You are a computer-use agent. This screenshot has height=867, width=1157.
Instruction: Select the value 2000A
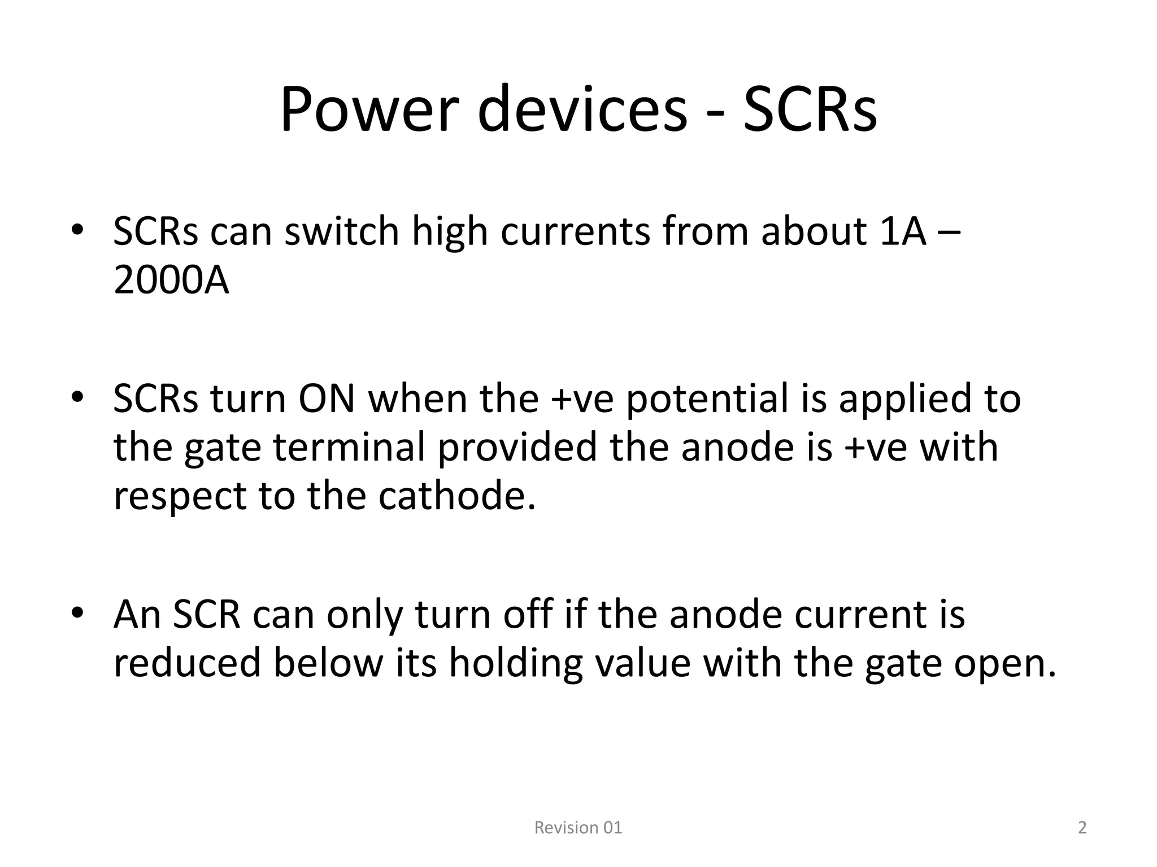point(171,281)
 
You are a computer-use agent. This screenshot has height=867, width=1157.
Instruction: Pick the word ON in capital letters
point(327,399)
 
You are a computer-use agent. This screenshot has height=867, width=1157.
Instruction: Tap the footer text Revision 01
point(578,827)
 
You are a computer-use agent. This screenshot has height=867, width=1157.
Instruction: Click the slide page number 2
point(1082,827)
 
